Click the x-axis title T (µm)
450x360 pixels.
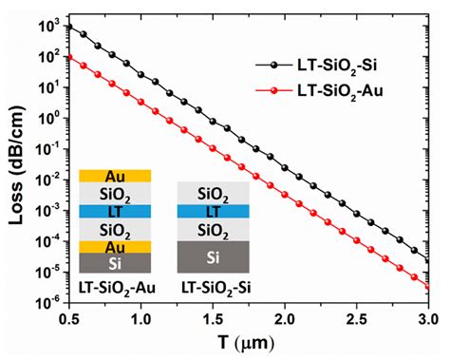[251, 344]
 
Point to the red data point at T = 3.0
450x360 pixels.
[429, 286]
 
